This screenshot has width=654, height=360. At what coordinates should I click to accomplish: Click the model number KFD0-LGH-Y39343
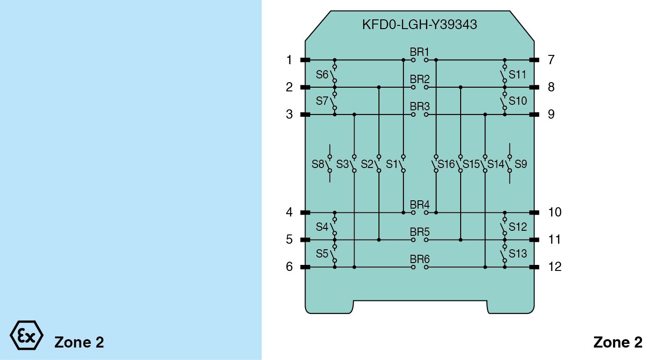click(420, 24)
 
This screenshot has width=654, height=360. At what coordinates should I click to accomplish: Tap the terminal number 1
click(289, 60)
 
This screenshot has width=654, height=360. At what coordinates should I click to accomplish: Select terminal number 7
click(551, 60)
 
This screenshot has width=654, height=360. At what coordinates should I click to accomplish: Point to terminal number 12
click(554, 267)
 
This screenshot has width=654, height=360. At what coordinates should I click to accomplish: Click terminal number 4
click(289, 212)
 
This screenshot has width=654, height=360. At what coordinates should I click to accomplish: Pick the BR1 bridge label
click(420, 51)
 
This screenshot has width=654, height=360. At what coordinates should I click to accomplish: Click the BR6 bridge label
click(420, 258)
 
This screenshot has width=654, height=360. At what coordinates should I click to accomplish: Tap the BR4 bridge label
click(420, 204)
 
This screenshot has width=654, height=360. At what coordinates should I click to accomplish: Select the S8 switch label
click(318, 164)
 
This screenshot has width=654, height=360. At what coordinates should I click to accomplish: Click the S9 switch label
click(521, 164)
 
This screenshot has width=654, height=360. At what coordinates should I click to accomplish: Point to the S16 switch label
click(446, 164)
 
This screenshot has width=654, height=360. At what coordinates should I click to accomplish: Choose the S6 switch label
click(322, 74)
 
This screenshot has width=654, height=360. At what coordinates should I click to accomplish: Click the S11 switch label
click(517, 74)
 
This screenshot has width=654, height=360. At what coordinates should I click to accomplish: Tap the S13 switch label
click(517, 254)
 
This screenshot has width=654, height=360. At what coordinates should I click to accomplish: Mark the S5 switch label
click(322, 254)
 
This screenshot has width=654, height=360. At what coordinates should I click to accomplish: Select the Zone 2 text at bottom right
click(618, 342)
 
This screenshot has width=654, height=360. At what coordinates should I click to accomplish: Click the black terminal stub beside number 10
click(534, 212)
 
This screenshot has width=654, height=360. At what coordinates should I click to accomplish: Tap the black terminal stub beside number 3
click(305, 114)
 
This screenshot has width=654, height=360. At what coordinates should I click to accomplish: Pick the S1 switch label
click(392, 164)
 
